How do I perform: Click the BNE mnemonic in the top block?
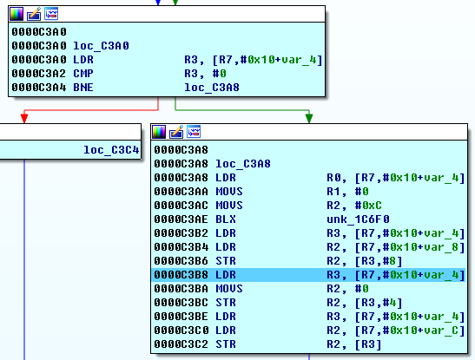coord(83,88)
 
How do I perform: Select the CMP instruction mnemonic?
coord(83,74)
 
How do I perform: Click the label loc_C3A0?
coord(101,46)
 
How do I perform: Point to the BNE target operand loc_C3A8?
coord(212,88)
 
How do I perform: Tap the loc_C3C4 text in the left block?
coord(111,150)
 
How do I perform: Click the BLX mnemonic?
coord(226,219)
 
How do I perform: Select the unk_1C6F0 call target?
coord(358,219)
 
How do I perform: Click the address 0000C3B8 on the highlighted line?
coord(181,275)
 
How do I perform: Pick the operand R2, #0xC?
coord(353,206)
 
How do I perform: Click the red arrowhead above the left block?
coord(24,118)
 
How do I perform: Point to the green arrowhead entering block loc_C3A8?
coord(309,118)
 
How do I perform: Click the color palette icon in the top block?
coord(16,14)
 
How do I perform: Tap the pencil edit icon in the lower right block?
coord(176,132)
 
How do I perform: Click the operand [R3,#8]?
coord(379,261)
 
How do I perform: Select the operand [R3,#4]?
coord(379,303)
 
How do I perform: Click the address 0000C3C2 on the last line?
coord(181,344)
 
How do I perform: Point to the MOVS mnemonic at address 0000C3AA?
coord(229,192)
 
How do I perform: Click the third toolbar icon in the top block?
coord(51,14)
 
